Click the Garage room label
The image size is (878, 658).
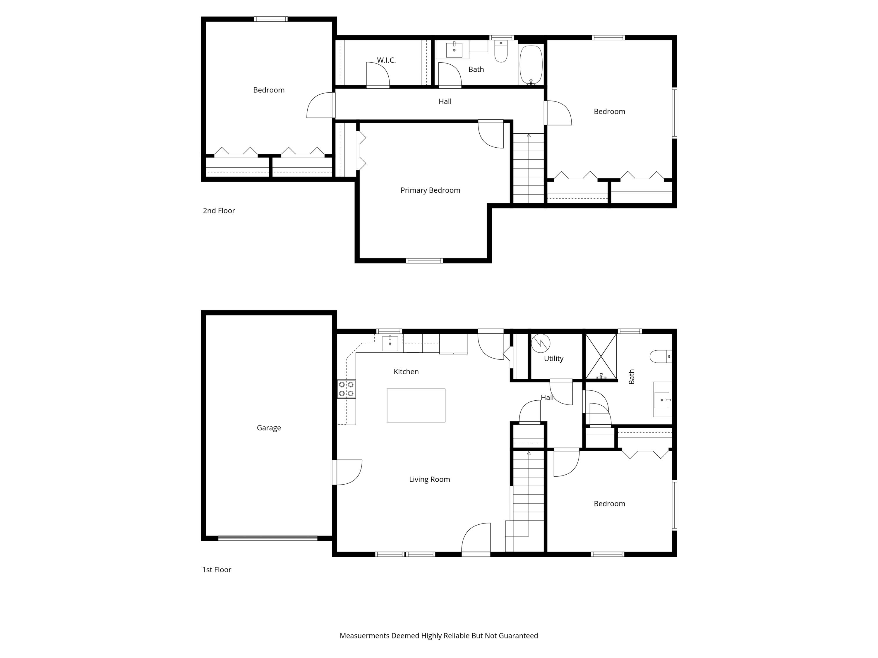tap(269, 428)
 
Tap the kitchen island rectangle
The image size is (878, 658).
tap(416, 405)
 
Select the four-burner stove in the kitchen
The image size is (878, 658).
tap(346, 389)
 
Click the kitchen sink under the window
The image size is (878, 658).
tap(390, 343)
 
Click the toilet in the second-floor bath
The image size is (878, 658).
tap(501, 52)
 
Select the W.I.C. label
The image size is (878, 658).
tap(386, 60)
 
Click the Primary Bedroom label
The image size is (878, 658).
tap(430, 190)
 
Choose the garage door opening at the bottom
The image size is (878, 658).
tap(267, 538)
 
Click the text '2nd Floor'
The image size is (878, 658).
tap(219, 211)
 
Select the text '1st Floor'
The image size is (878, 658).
tap(216, 570)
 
